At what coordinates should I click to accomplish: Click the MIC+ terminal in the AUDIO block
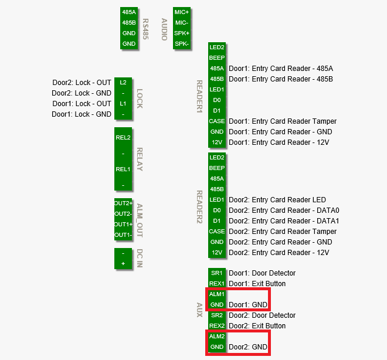182,12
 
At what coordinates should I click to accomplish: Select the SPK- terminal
182,43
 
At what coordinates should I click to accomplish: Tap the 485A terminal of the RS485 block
129,12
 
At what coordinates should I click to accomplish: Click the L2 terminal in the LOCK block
123,83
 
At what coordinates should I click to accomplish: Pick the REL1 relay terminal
123,169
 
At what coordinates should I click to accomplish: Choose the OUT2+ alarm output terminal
123,203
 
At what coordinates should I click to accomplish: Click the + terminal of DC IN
123,264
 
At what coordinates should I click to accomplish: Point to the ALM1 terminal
217,294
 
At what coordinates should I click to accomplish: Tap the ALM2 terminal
217,337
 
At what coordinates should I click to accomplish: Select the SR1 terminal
217,273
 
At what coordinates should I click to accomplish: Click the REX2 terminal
217,326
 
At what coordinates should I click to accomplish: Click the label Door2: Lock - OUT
82,83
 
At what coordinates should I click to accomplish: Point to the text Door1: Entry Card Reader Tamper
283,121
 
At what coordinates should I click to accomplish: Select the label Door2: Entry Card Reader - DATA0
284,210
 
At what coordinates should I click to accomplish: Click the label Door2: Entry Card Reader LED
277,200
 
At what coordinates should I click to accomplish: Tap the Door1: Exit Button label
257,284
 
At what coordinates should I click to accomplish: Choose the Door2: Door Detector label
262,315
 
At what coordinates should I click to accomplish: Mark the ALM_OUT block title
140,220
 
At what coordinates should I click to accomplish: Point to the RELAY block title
140,159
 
